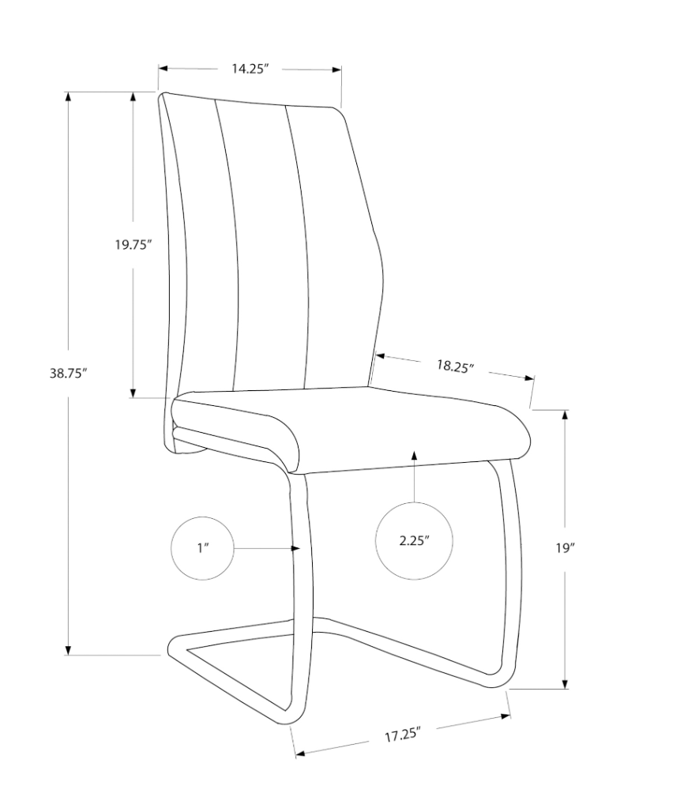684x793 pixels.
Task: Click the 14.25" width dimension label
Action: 250,70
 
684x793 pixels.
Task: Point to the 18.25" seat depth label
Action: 454,366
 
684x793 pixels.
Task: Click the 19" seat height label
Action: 564,548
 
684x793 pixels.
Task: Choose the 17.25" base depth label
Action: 401,736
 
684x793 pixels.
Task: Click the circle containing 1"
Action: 202,548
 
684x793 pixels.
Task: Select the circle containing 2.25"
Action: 414,541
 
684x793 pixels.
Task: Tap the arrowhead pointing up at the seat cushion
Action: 414,455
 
